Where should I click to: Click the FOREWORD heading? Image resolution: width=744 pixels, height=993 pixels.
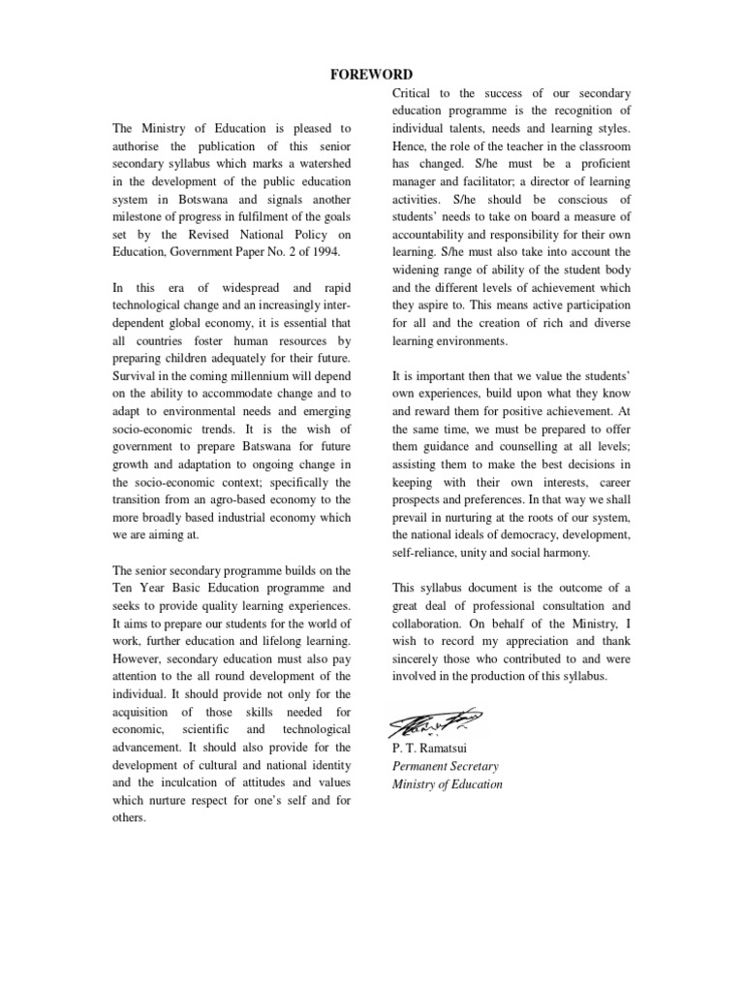tap(372, 75)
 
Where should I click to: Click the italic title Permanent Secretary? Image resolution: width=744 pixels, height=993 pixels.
tap(446, 766)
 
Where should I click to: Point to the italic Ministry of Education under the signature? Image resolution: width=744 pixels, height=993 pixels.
tap(448, 785)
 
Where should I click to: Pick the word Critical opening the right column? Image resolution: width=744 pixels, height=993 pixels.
tap(416, 93)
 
